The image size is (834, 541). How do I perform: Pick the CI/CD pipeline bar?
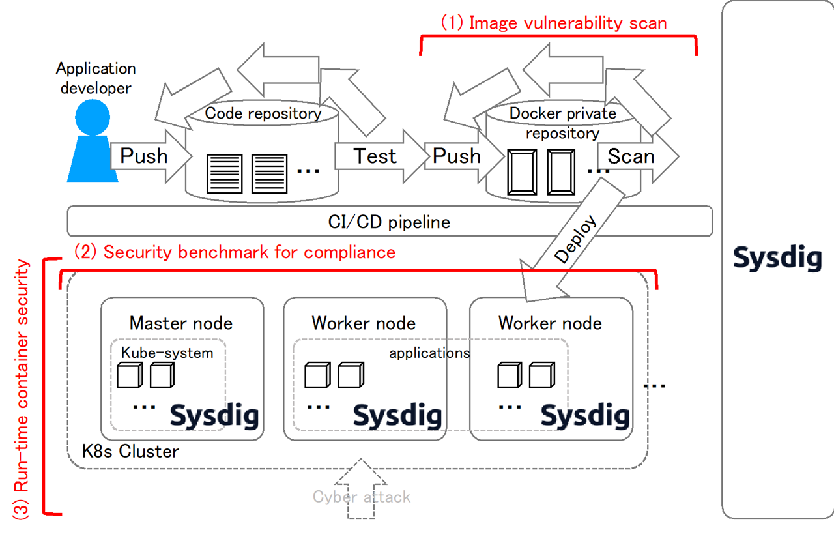point(389,222)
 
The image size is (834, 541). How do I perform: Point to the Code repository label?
point(263,113)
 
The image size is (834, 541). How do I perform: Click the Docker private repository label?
point(562,123)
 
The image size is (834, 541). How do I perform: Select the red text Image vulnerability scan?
point(554,23)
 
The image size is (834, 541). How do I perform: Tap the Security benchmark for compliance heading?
point(235,252)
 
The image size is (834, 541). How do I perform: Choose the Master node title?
point(180,323)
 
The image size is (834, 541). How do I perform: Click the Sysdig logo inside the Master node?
point(214,415)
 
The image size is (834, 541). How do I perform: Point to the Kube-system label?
point(167,353)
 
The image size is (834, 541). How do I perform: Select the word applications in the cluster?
point(429,353)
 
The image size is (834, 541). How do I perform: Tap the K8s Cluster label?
point(130,451)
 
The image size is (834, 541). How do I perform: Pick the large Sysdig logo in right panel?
point(777,257)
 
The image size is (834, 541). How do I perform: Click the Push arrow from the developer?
point(147,156)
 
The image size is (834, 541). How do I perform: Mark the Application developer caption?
point(96,78)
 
